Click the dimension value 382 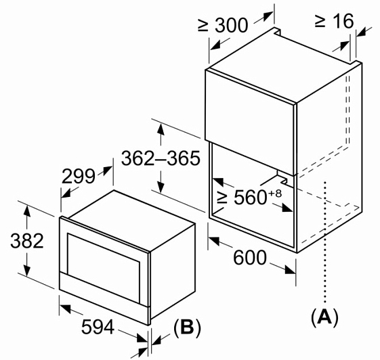27,241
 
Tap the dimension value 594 98,327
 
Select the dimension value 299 79,176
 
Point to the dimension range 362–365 161,158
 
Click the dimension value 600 250,258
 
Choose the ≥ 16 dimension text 334,21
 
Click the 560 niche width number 251,198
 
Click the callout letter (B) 187,328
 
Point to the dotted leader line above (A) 325,242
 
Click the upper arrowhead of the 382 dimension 27,211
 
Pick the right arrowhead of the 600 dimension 290,270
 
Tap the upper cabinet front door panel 251,122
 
